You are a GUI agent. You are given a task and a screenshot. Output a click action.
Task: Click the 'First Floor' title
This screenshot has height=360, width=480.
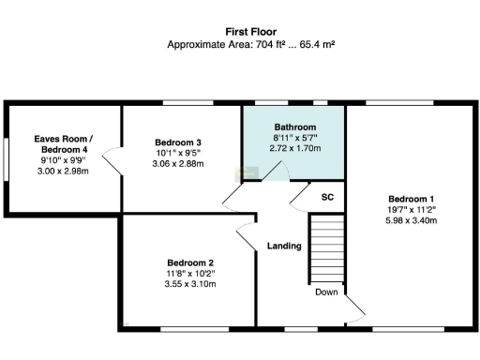243,31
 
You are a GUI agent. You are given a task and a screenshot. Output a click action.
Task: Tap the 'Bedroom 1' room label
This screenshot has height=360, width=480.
412,199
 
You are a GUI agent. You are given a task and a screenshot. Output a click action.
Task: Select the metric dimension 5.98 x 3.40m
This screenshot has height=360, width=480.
412,221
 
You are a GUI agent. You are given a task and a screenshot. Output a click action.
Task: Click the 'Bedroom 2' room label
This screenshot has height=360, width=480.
191,262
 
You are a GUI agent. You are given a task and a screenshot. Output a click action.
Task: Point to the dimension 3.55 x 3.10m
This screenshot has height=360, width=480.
191,283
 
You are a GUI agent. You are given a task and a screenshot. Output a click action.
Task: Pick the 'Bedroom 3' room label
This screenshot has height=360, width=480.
178,142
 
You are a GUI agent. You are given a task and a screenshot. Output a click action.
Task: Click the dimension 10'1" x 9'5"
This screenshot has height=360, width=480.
178,154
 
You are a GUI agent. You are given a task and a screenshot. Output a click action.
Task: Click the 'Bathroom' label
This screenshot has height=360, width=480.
295,127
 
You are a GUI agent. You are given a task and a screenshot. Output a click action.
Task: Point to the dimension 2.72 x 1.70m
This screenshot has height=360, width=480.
295,148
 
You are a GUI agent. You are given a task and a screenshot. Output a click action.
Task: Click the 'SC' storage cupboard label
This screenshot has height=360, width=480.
327,197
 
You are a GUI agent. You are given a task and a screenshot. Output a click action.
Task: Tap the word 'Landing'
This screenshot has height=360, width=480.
284,247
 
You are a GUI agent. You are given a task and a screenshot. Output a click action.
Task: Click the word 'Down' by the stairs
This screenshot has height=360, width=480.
326,292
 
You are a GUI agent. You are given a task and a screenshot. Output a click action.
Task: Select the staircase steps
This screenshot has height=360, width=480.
327,248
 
